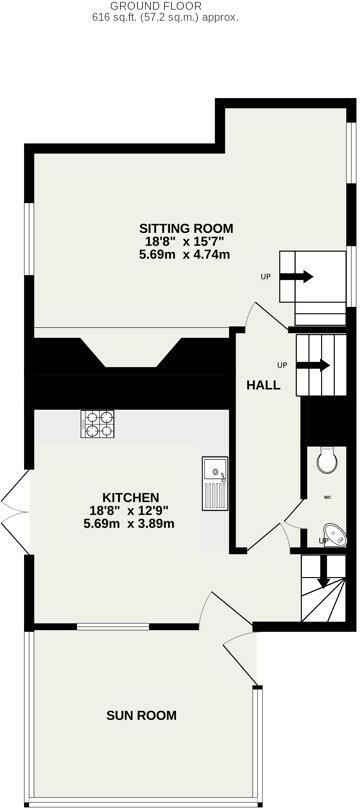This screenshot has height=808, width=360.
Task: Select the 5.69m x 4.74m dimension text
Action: coord(185,254)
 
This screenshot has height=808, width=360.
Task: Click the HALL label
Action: coord(265,385)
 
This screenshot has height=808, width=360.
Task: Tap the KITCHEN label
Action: coord(131,497)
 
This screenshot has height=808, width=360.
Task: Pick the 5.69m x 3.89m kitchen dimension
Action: coord(131,523)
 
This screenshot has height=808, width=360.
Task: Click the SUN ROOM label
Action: coord(143,715)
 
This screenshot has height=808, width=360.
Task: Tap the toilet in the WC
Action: coord(325,461)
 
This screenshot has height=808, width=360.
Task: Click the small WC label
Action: coord(325,496)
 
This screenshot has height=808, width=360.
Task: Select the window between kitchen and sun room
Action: coord(112,627)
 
